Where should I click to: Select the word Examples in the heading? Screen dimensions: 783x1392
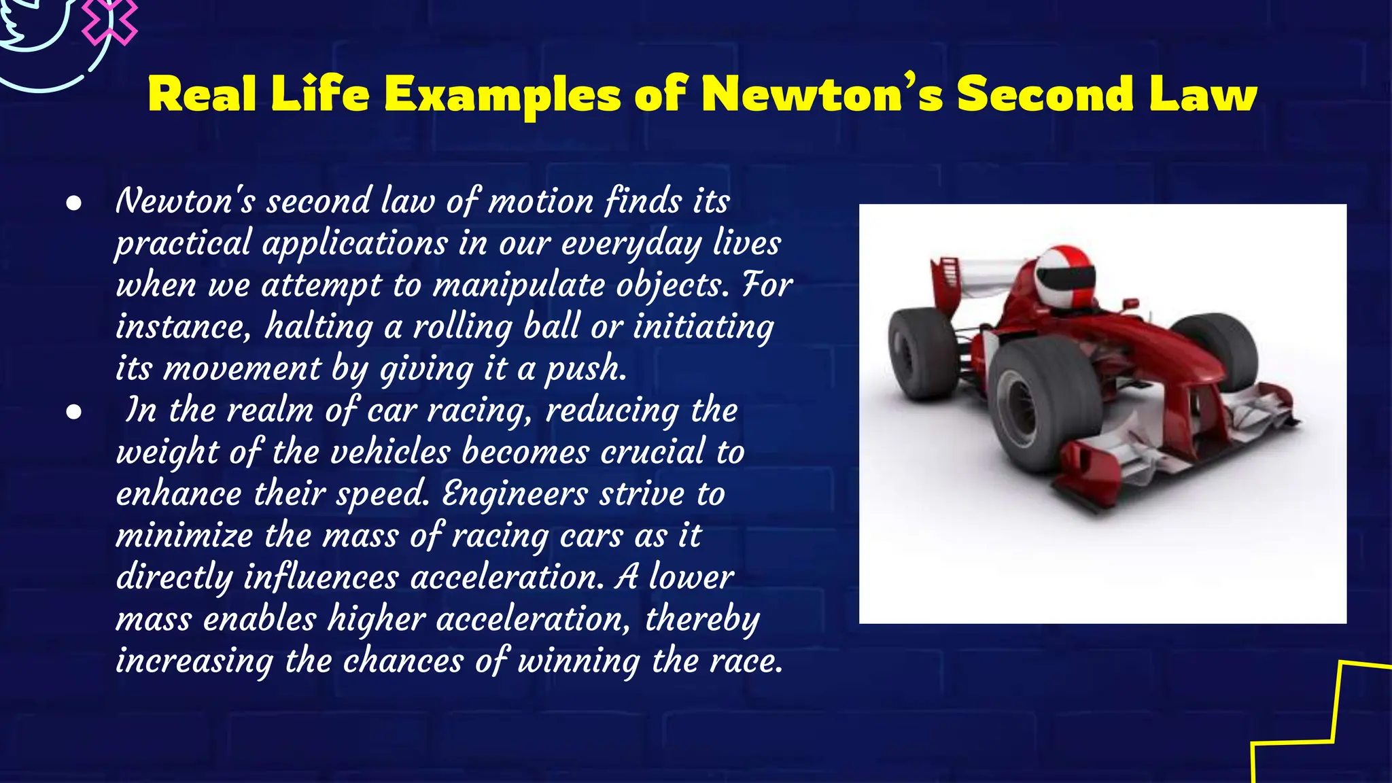coord(502,95)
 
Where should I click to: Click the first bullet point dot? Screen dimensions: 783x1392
coord(74,203)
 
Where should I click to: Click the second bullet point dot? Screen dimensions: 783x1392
coord(74,412)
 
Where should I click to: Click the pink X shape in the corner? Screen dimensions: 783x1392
coord(109,20)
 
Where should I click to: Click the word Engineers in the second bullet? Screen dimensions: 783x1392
coord(515,494)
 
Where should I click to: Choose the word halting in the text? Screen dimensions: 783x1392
coord(319,327)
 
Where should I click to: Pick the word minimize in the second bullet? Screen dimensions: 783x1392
coord(184,536)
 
